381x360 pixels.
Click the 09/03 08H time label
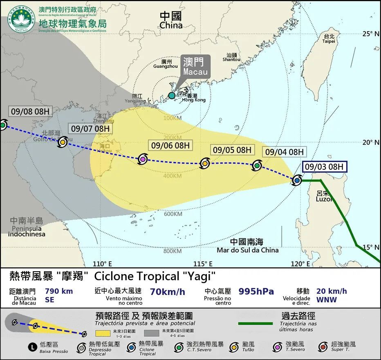click(x=325, y=166)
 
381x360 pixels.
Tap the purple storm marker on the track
click(x=143, y=159)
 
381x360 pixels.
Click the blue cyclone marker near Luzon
click(x=297, y=180)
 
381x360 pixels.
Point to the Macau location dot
click(x=172, y=95)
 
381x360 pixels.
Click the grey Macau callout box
click(x=195, y=66)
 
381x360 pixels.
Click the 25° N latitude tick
click(x=371, y=34)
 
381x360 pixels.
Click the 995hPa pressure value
click(x=256, y=291)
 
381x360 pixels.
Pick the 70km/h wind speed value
click(x=168, y=292)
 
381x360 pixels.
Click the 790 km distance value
click(x=58, y=291)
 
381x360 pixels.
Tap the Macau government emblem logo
click(x=23, y=18)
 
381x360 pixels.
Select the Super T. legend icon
click(x=323, y=347)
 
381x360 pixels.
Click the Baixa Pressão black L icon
click(x=32, y=347)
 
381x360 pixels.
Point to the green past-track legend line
click(x=255, y=323)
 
